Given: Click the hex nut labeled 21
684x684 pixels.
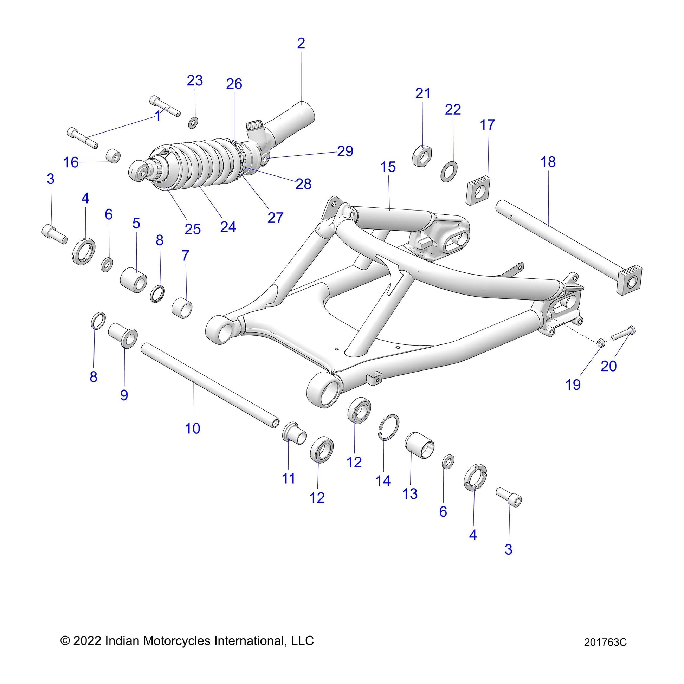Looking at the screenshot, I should point(422,155).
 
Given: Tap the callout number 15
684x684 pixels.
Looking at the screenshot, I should point(388,167).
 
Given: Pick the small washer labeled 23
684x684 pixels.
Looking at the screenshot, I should point(193,123).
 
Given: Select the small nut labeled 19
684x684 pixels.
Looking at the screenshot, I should point(600,342).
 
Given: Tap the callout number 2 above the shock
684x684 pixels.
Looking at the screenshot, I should point(301,43).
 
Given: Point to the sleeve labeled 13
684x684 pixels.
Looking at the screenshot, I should point(420,445).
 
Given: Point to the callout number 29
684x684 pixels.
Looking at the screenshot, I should point(345,151).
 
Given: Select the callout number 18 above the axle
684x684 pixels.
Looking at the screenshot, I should point(548,162).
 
